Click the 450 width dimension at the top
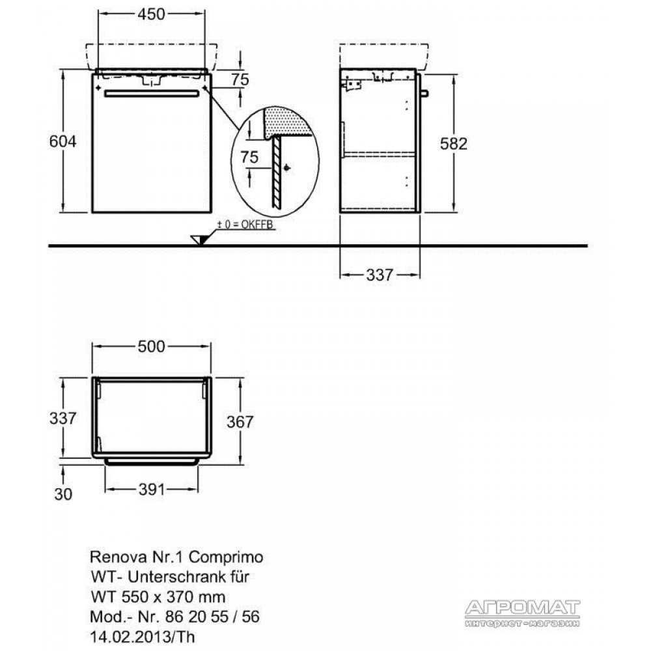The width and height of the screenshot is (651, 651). (152, 14)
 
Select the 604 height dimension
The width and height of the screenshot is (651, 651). (62, 141)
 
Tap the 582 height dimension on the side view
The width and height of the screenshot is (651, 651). (454, 144)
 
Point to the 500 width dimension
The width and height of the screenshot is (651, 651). (152, 346)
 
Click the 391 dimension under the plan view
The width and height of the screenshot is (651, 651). (152, 490)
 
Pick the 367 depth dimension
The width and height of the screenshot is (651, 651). (240, 422)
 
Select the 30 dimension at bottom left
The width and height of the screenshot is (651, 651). (63, 494)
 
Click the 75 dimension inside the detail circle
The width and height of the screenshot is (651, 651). (249, 157)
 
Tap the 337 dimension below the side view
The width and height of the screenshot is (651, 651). (380, 275)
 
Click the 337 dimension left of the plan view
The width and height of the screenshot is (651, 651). (62, 418)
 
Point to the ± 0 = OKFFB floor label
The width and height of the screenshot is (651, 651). (245, 225)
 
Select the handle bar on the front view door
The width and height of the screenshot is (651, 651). (152, 94)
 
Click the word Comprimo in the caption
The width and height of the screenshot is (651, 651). (226, 557)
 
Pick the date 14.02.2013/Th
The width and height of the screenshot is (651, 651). (143, 637)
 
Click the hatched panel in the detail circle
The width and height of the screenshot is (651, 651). (276, 173)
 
